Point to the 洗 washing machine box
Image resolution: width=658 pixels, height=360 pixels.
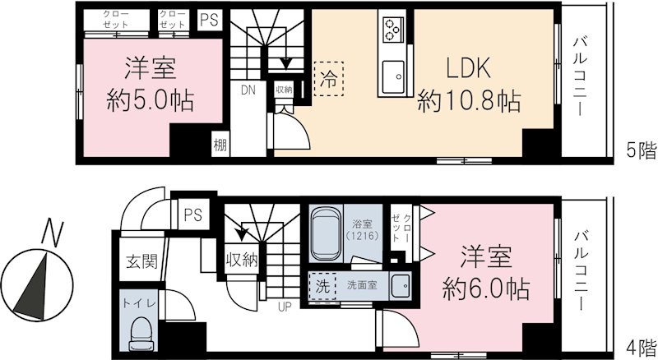pos(322,288)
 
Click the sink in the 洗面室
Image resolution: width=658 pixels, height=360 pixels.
pos(402,287)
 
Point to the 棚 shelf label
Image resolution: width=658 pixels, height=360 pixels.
pos(220,144)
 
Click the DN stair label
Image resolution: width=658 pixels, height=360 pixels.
pos(248,90)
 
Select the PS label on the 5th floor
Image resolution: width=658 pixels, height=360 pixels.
pos(209,21)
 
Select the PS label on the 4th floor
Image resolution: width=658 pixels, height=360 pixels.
pos(192,216)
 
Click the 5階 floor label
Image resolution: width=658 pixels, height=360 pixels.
pos(641,150)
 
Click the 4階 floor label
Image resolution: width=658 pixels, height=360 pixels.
pos(641,346)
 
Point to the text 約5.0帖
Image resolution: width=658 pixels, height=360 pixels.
pos(151,101)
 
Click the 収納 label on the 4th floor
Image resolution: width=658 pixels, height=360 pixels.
pos(242,261)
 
